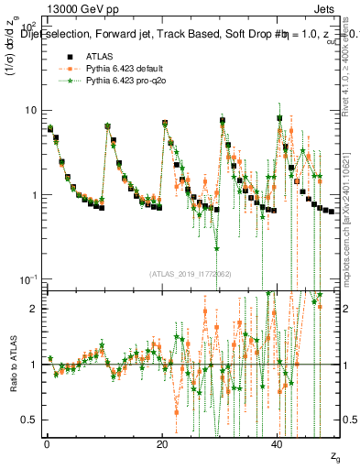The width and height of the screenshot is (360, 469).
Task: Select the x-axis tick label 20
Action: [162, 443]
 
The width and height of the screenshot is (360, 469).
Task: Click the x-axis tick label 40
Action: [278, 443]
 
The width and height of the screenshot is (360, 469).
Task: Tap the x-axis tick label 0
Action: [47, 443]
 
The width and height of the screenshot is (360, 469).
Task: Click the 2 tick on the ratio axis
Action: [35, 309]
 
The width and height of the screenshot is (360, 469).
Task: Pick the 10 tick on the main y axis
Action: [30, 111]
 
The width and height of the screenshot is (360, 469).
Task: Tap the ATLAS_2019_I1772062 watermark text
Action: [191, 273]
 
